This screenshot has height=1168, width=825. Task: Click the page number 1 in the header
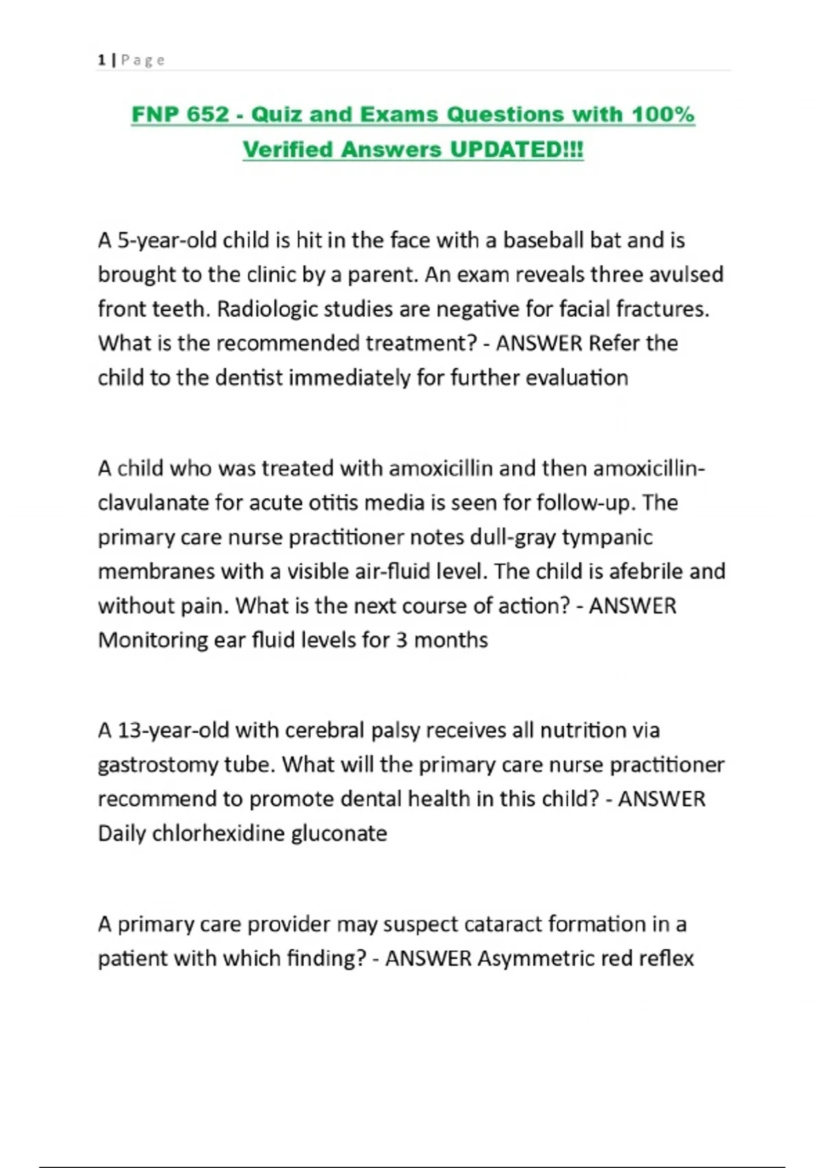coord(102,60)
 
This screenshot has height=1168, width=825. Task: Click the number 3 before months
coord(401,640)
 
